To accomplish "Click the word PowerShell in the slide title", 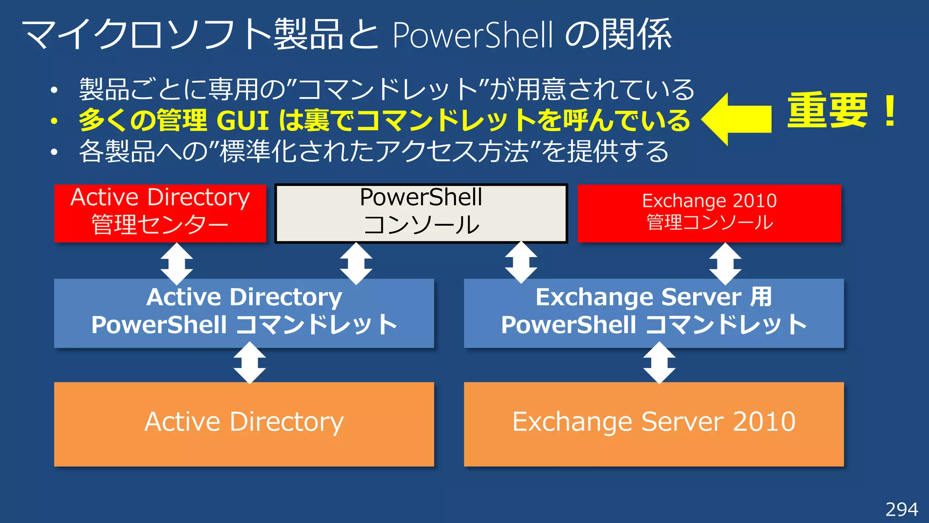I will (x=472, y=35).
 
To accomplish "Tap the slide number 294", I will (x=901, y=509).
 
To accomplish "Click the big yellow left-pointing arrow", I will (x=737, y=119).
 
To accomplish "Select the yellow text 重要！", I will (x=842, y=111).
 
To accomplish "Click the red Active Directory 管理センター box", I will (x=160, y=213).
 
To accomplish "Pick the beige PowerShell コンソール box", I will (x=421, y=213).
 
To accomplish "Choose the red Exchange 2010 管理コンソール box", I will (x=709, y=213).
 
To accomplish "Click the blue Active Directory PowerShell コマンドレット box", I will (x=244, y=313).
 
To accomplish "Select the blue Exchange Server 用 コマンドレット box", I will (x=654, y=313).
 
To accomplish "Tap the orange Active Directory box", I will (x=244, y=424).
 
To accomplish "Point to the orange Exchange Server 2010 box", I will (x=654, y=424).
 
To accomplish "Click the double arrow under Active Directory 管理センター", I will (x=176, y=263).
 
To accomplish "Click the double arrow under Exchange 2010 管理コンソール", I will (x=725, y=263).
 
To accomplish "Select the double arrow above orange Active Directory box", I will (x=249, y=363).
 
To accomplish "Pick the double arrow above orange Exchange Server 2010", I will (x=659, y=363).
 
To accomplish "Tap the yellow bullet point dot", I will (x=54, y=121).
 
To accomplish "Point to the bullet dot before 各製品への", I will (x=54, y=152).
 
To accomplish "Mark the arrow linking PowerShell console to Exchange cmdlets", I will (x=521, y=262).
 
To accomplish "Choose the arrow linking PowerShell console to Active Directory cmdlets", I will (x=356, y=263).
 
